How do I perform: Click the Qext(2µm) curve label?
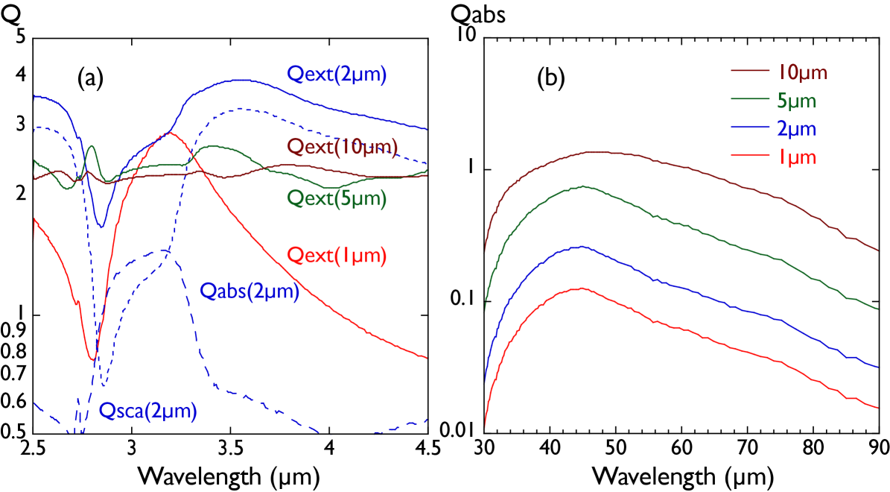coord(337,75)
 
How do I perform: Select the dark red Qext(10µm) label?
coord(342,148)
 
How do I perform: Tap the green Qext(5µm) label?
coord(337,199)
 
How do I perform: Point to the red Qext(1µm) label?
coord(337,256)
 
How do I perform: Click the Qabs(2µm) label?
coord(249,291)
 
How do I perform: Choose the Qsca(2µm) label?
coord(148,411)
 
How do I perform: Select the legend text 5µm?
coord(796,101)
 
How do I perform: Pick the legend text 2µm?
coord(796,129)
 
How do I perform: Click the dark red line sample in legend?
coord(748,72)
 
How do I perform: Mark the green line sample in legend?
coord(748,100)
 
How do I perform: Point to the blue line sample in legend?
coord(748,128)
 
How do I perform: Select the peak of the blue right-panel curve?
coord(581,246)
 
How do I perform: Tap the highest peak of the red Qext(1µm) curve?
coord(171,133)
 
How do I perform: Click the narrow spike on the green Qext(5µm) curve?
coord(92,146)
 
